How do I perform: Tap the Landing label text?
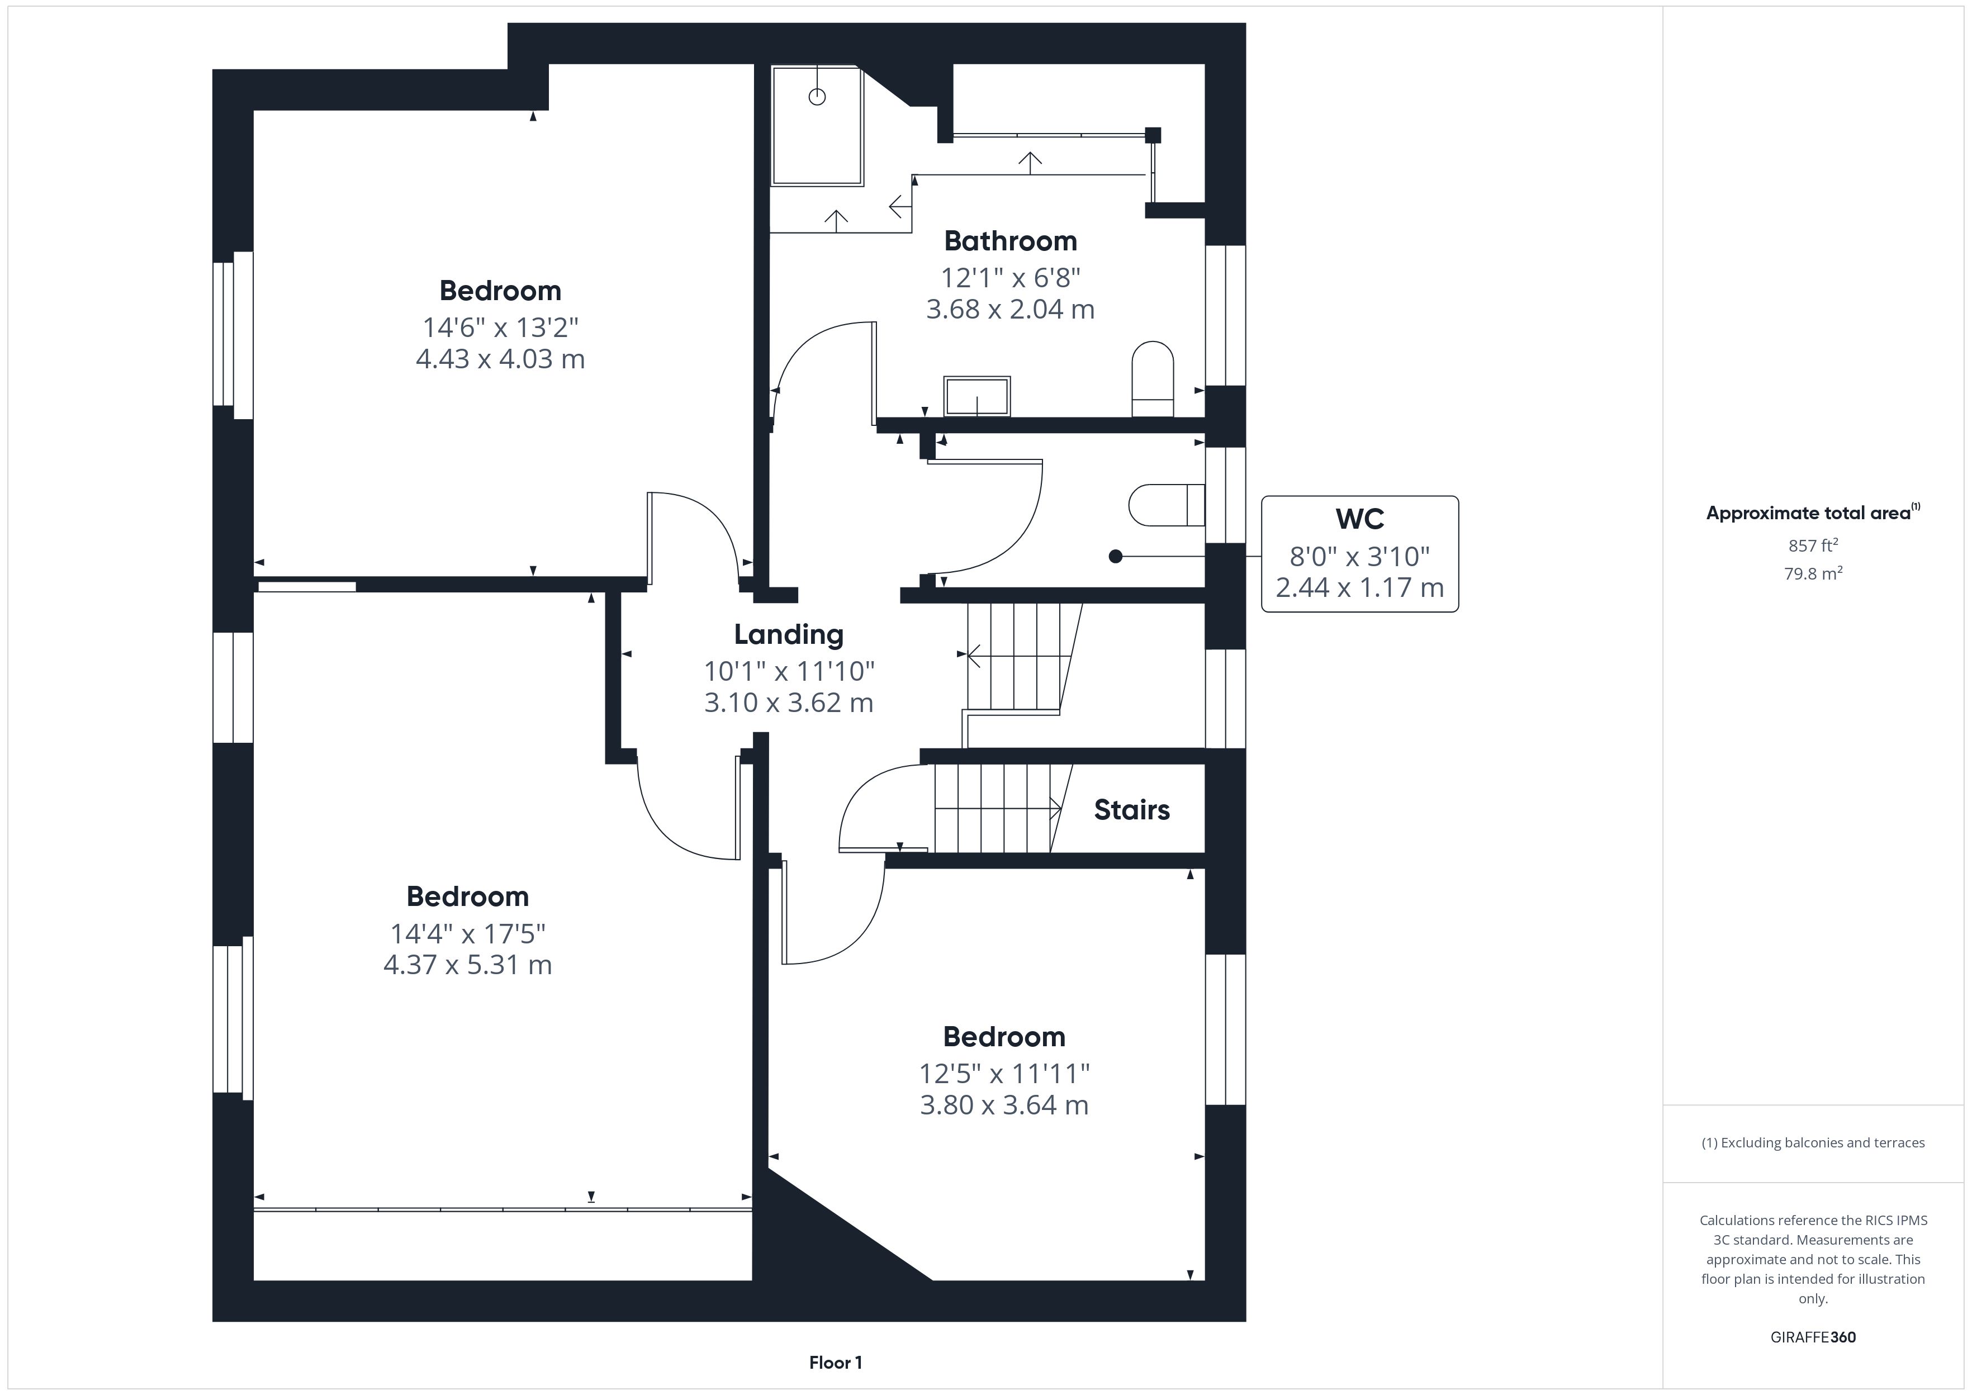coord(789,635)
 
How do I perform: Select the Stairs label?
coord(1131,810)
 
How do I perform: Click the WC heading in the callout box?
coord(1359,519)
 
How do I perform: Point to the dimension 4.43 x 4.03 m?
coord(500,358)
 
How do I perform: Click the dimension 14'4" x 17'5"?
coord(468,933)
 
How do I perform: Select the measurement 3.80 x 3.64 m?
coord(1004,1105)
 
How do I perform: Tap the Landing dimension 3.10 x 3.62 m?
coord(789,703)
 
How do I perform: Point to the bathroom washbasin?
coord(976,396)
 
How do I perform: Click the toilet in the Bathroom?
coord(1153,379)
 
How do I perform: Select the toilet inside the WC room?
coord(1167,505)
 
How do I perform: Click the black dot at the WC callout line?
coord(1116,557)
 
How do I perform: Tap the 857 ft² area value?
coord(1813,545)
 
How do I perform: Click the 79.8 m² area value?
coord(1813,573)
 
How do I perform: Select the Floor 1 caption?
coord(835,1363)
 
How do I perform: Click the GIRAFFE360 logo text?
coord(1813,1337)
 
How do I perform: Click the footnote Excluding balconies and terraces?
coord(1813,1142)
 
